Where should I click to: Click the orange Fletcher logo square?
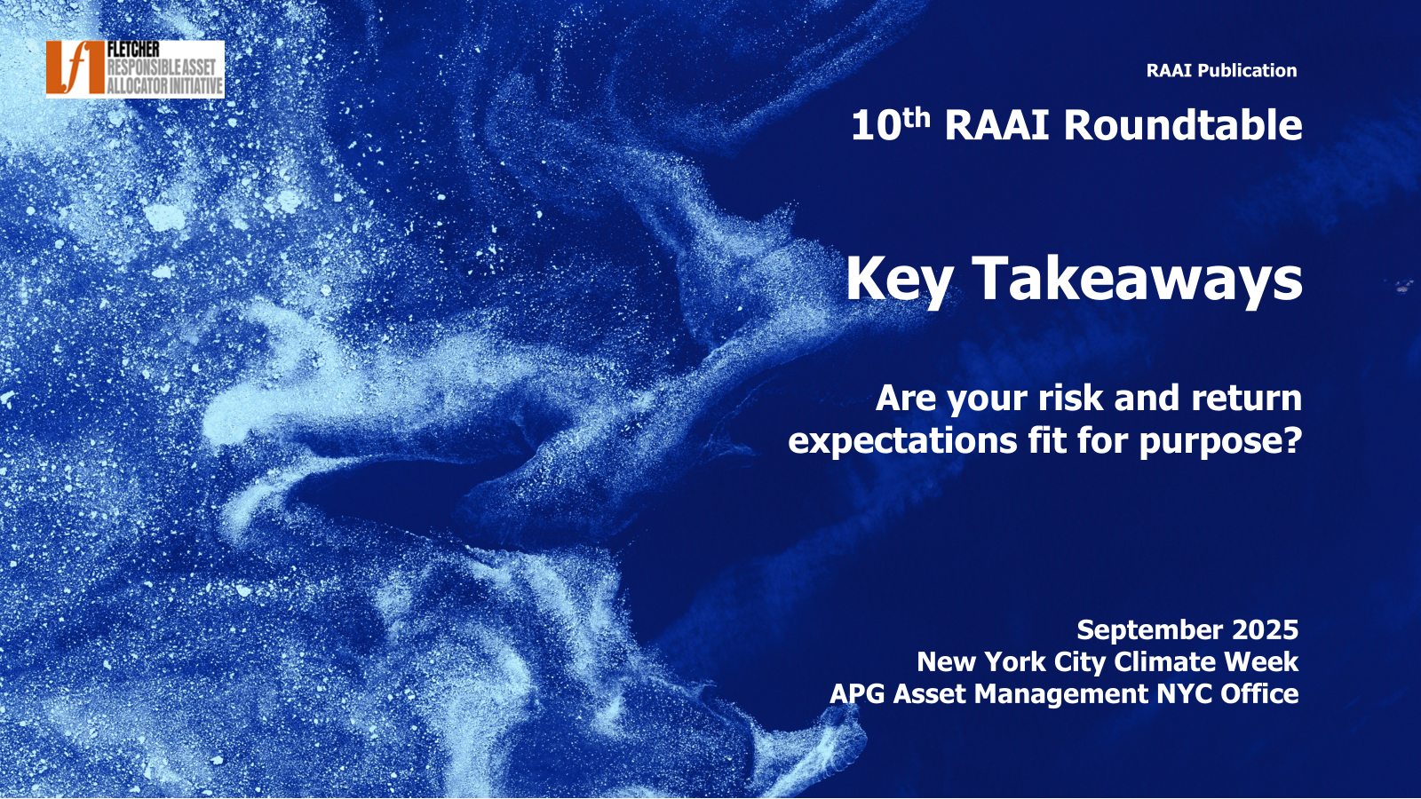(75, 67)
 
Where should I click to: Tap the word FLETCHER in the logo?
(133, 50)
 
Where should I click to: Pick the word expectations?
(903, 440)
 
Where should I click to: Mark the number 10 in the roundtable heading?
(876, 125)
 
